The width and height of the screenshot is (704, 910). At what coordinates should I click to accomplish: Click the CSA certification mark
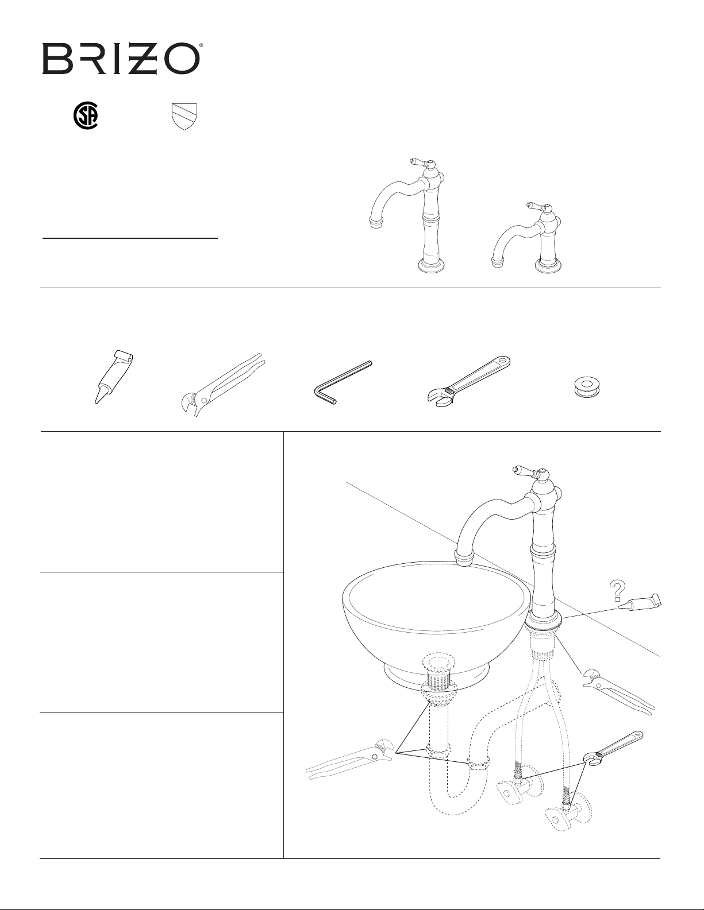86,116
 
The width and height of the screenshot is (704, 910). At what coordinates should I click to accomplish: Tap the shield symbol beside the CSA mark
185,117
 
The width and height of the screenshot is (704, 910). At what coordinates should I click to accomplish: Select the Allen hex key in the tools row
343,382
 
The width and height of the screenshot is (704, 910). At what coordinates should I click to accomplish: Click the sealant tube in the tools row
114,376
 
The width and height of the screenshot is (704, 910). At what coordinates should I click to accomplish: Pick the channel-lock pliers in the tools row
221,384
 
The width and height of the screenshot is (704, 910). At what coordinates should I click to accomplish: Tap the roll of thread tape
587,385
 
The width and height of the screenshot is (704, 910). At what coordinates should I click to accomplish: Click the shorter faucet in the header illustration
526,239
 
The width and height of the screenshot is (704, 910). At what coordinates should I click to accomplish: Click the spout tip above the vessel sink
464,559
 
